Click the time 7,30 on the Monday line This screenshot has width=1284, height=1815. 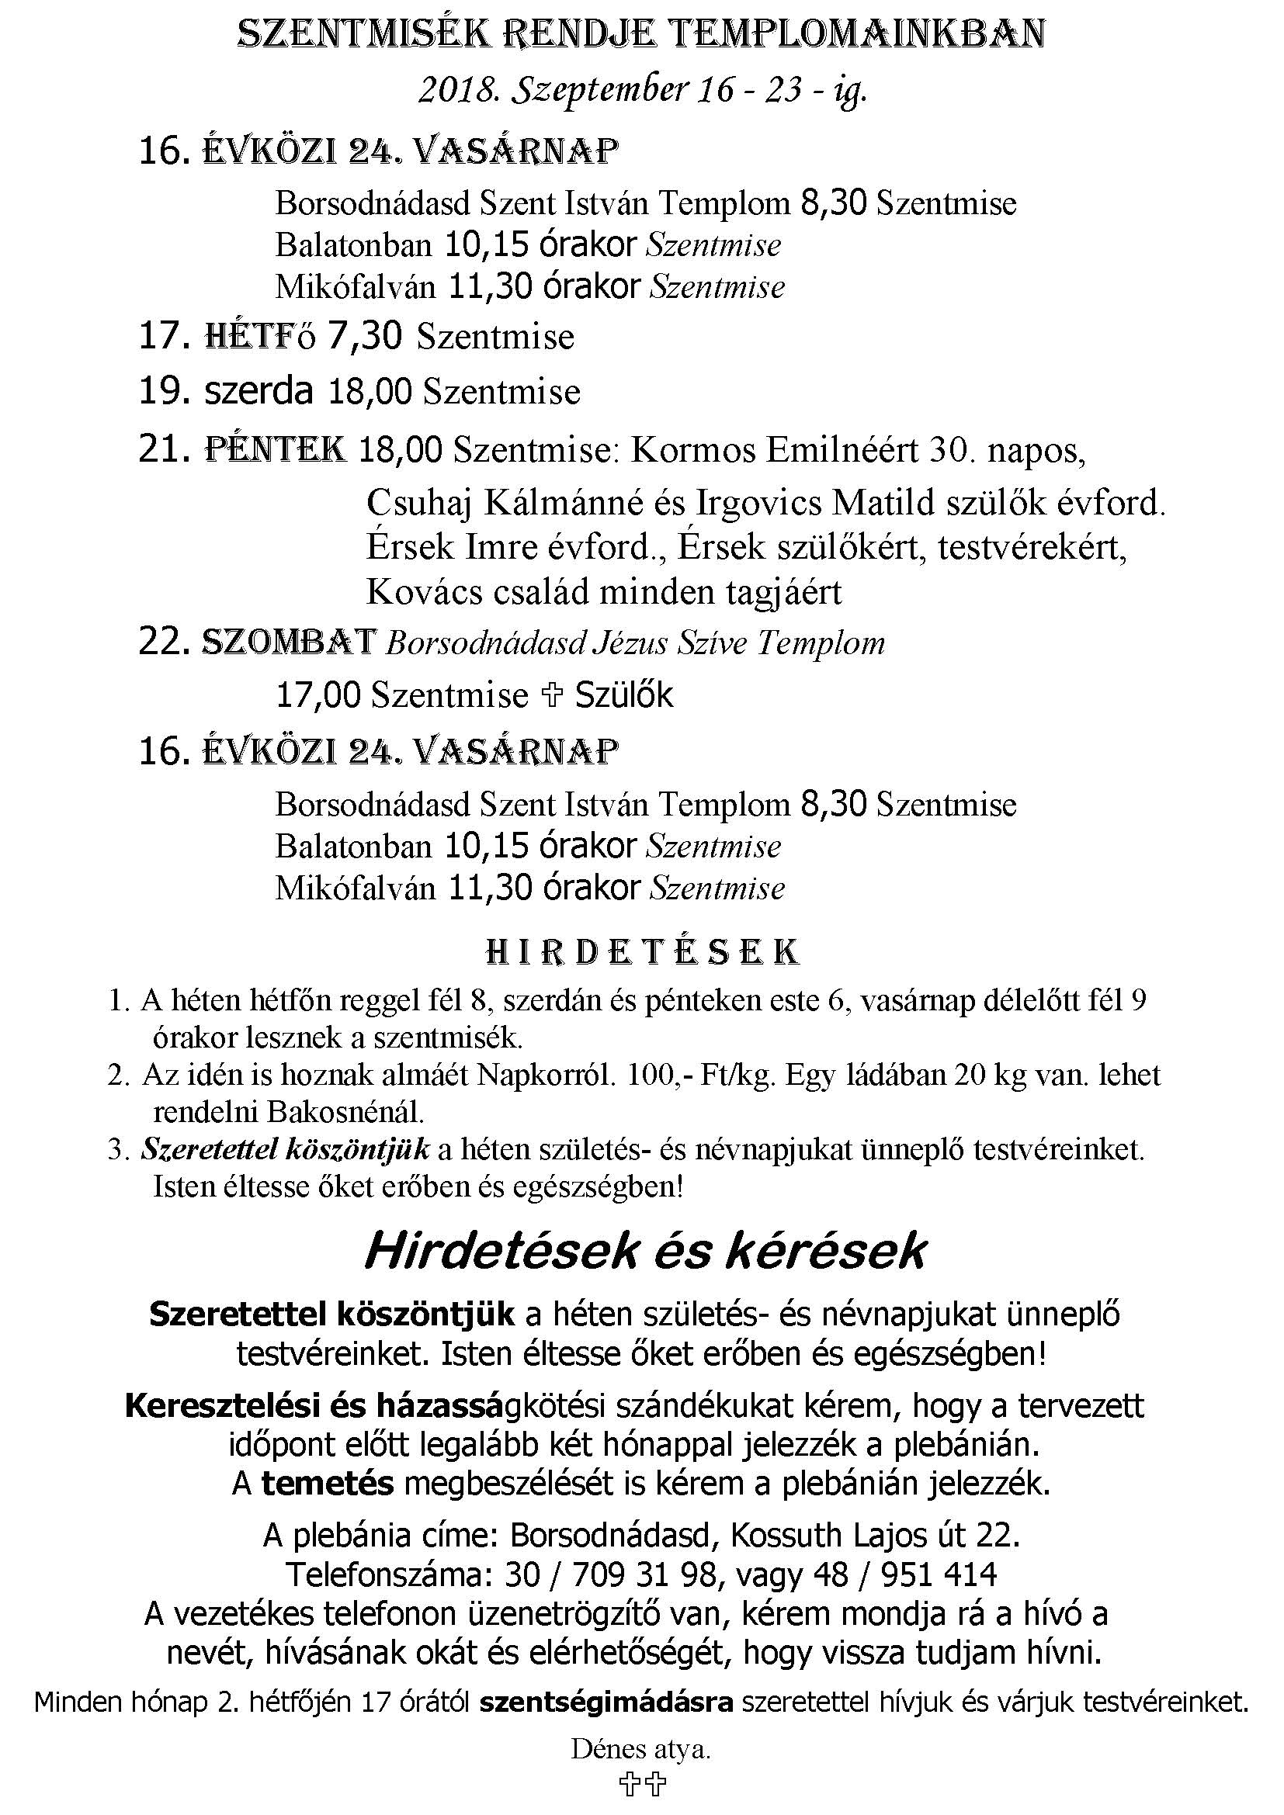click(x=365, y=336)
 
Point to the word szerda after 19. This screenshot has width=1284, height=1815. click(x=259, y=391)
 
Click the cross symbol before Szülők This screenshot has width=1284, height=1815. click(x=551, y=694)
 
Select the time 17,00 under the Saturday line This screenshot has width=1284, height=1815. click(x=318, y=695)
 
